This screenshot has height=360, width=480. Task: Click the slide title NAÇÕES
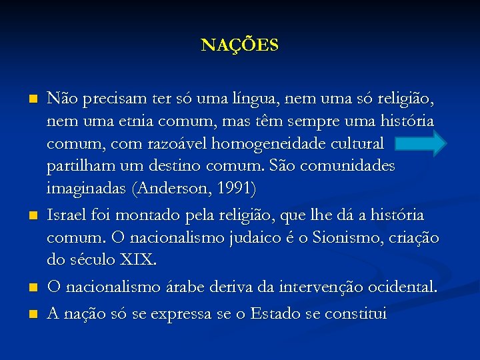(240, 45)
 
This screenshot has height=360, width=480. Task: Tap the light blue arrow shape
(418, 143)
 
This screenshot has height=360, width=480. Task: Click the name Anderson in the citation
(171, 189)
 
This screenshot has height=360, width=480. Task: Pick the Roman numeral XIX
(136, 259)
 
